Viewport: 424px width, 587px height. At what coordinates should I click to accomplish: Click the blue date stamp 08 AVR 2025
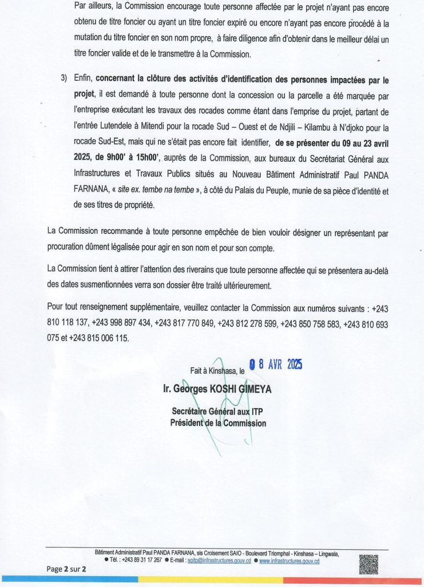pos(275,365)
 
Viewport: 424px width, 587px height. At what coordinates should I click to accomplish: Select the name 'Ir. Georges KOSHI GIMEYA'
pos(217,389)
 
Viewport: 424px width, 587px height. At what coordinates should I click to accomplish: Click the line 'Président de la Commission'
pos(218,423)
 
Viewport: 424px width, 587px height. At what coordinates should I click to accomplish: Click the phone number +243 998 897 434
pos(121,324)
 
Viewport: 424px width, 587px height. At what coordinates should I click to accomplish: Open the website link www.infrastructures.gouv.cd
pos(289,561)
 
